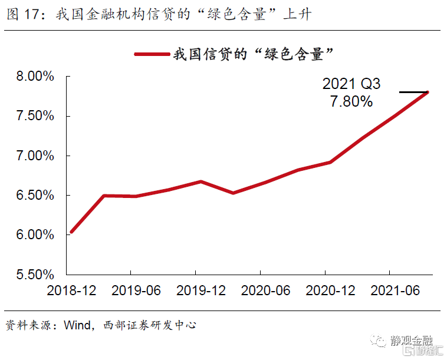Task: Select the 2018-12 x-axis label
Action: coord(70,290)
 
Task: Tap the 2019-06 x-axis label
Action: coord(135,290)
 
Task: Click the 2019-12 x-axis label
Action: coord(201,290)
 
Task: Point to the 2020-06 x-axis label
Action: coord(265,290)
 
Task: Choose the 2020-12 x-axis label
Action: coord(330,290)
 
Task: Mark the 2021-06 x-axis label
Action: coord(395,290)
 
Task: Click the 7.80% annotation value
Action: coord(351,101)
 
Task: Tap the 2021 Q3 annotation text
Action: coord(351,84)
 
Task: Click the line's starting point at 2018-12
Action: coord(71,232)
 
